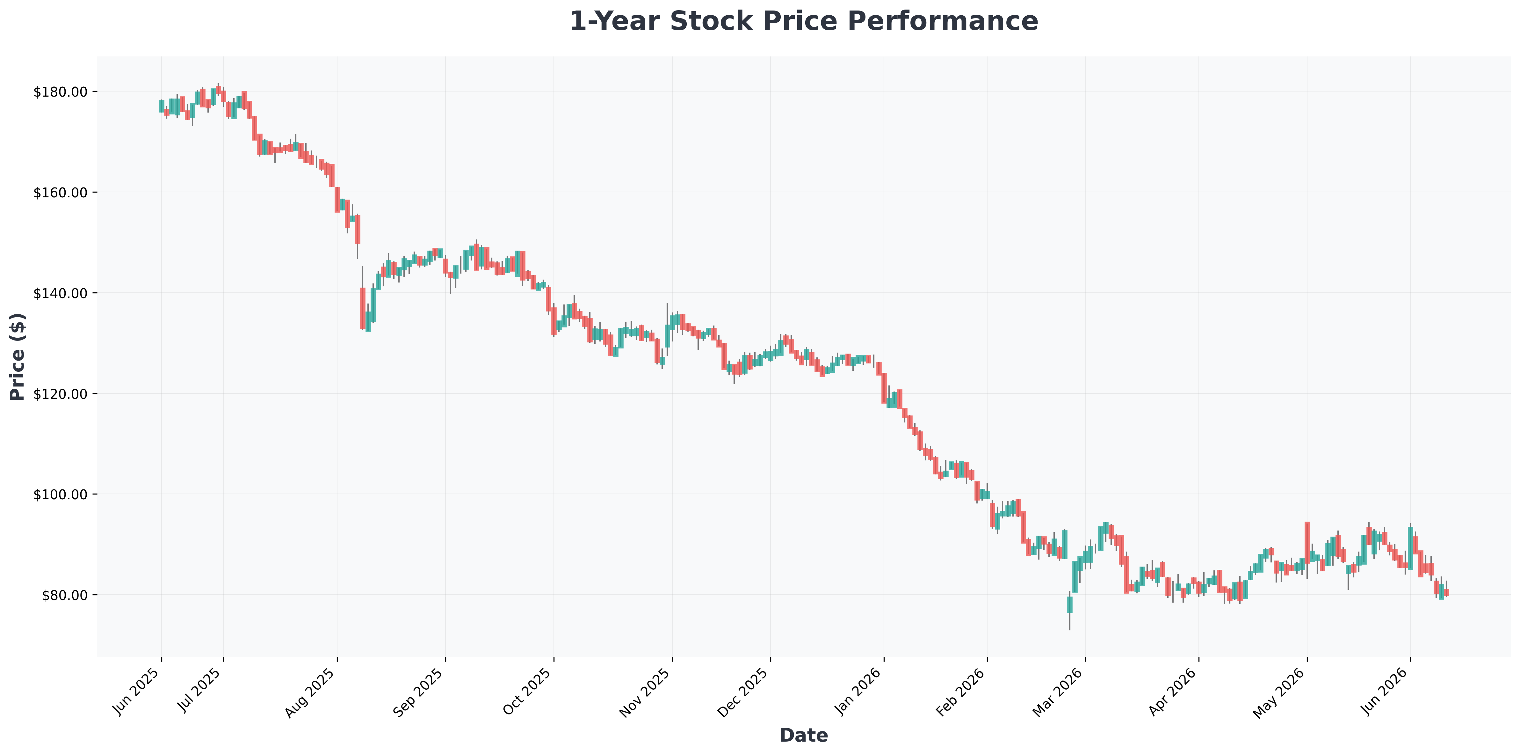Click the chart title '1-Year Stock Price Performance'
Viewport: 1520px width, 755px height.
[x=804, y=21]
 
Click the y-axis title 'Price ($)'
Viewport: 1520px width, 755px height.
[x=18, y=356]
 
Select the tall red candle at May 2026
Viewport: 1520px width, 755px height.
[x=1307, y=542]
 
